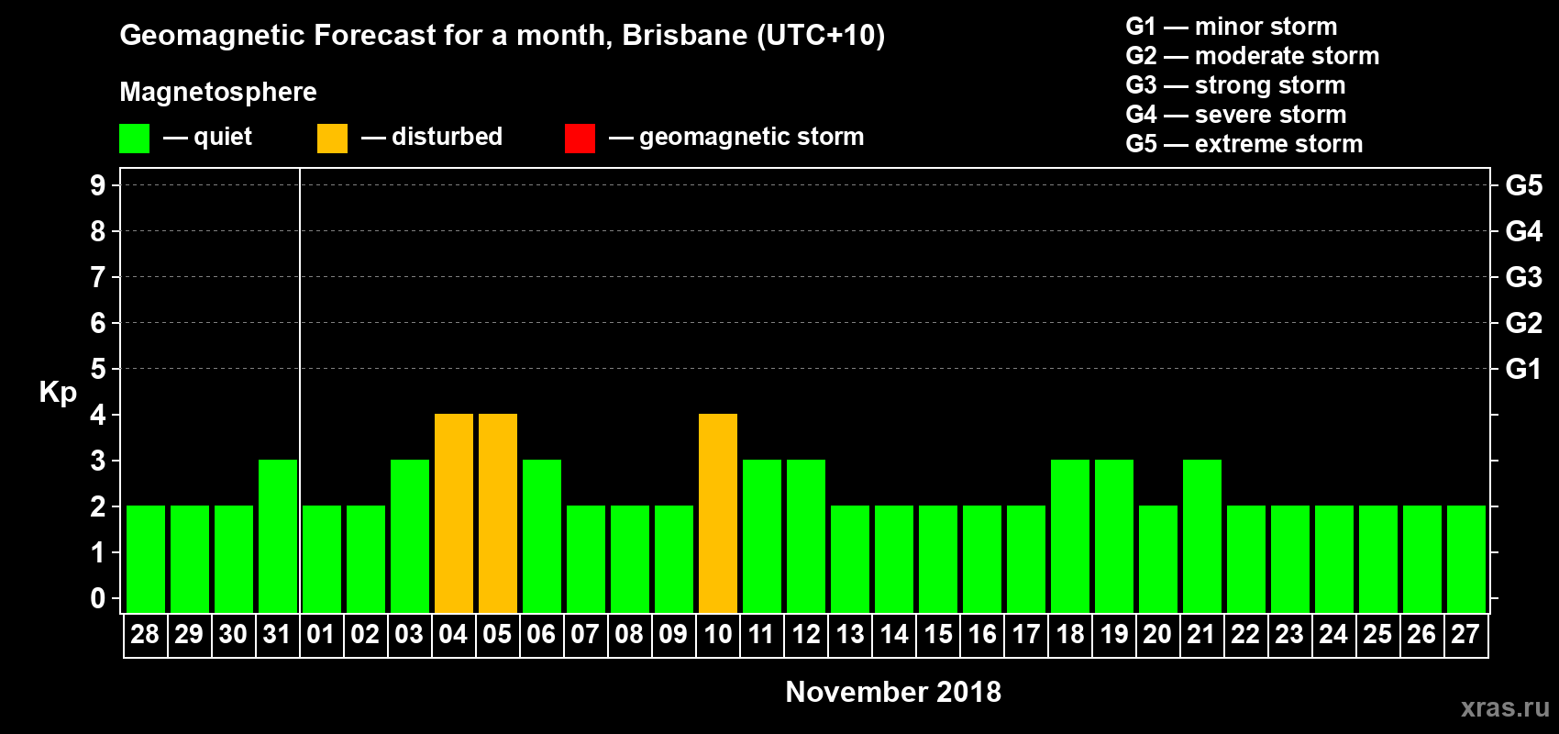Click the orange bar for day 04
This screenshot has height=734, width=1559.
point(454,513)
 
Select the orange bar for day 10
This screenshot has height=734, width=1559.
point(718,513)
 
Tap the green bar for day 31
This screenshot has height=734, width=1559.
point(278,536)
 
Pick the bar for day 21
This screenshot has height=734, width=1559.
point(1202,536)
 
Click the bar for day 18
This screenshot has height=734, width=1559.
point(1070,536)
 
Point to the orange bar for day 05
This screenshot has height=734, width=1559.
point(498,513)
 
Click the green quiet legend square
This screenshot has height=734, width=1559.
point(134,139)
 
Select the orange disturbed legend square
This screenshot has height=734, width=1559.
point(332,139)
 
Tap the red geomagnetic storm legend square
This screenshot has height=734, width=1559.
point(580,139)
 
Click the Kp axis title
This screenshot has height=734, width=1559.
point(58,392)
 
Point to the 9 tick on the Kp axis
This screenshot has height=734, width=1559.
point(98,185)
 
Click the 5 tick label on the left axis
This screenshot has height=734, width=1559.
point(98,369)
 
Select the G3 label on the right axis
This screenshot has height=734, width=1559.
point(1523,277)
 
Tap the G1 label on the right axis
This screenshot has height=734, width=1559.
point(1523,369)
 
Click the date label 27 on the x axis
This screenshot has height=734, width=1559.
point(1465,634)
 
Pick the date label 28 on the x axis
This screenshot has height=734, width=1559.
point(145,634)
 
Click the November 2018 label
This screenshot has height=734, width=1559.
point(893,692)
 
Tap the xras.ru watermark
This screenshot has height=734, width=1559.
point(1505,707)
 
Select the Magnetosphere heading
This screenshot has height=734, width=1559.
point(218,92)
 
